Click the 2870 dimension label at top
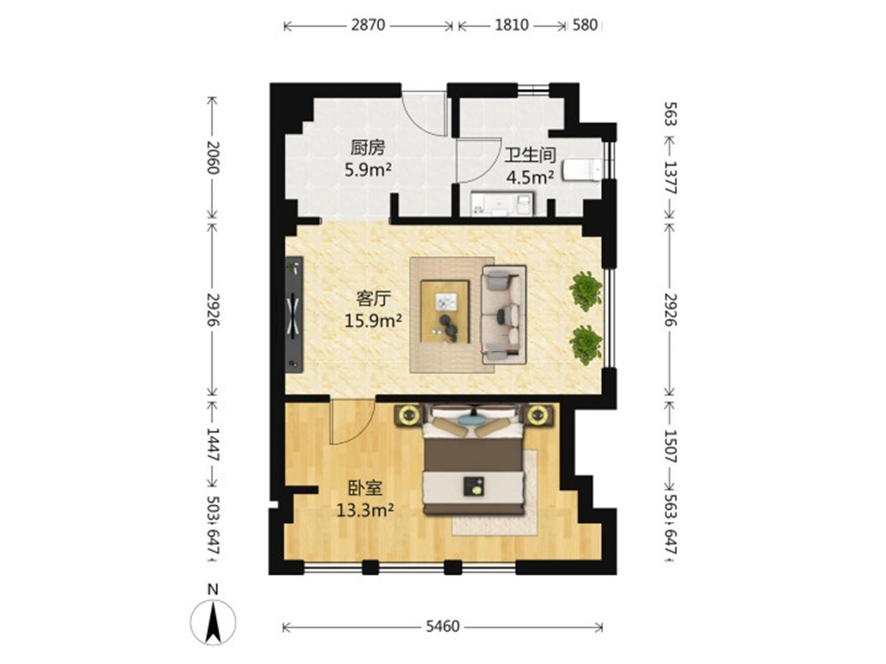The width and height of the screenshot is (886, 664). tap(368, 25)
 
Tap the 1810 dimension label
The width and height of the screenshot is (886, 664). tap(511, 25)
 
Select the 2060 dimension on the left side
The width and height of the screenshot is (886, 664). tap(213, 157)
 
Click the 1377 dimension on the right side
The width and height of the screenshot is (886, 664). tap(670, 178)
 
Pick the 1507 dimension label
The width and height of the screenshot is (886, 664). tap(670, 445)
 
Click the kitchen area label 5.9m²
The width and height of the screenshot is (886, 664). tap(368, 170)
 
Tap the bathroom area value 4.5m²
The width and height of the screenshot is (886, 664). tap(530, 178)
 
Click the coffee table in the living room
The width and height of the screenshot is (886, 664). tap(444, 312)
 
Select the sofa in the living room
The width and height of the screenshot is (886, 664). tap(504, 315)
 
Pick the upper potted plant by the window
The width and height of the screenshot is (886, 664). tap(585, 290)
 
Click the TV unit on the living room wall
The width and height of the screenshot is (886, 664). tap(294, 314)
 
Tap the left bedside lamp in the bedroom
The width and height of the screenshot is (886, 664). tap(409, 415)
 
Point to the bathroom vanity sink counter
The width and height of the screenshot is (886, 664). tap(502, 204)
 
